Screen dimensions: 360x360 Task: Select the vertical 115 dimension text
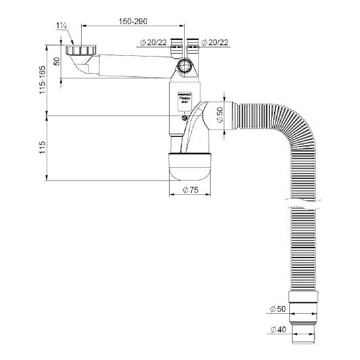coord(43,147)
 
